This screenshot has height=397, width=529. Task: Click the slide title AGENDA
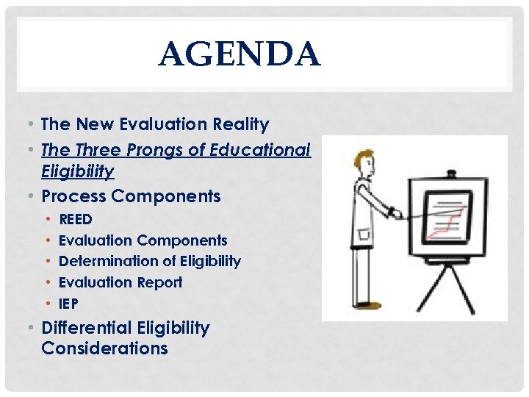(x=240, y=55)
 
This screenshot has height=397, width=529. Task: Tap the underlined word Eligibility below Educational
(x=78, y=171)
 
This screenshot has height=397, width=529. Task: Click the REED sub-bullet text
(x=76, y=219)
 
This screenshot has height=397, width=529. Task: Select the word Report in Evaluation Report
(x=159, y=282)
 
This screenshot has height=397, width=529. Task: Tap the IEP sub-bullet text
(x=68, y=303)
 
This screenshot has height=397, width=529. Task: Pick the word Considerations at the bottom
(x=104, y=348)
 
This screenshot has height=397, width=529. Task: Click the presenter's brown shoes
(x=372, y=304)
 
